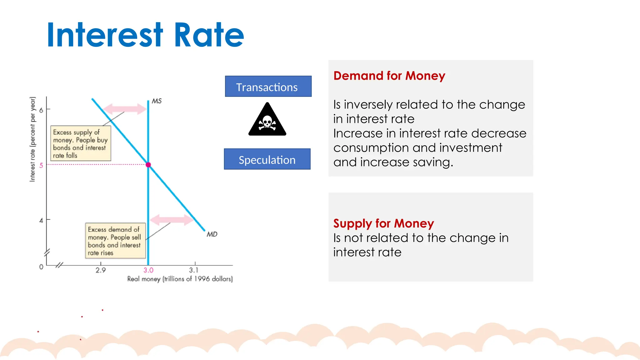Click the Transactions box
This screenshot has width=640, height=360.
[x=268, y=87]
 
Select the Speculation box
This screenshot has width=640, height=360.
[x=267, y=159]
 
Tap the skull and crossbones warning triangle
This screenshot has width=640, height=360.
[x=267, y=120]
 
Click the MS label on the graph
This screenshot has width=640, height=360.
[x=157, y=101]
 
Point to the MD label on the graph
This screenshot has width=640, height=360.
[x=212, y=234]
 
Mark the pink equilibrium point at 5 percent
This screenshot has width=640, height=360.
[x=148, y=165]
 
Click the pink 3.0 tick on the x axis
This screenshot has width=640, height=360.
[x=148, y=270]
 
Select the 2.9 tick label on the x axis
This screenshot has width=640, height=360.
[x=101, y=270]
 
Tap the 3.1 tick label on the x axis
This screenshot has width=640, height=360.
[x=194, y=270]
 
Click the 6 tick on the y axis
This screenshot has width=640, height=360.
[x=41, y=110]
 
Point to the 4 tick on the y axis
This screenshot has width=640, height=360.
[x=41, y=220]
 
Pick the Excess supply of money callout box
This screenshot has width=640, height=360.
[x=81, y=143]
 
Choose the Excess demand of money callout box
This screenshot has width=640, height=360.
[x=115, y=241]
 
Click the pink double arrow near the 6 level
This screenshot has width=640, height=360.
[x=125, y=109]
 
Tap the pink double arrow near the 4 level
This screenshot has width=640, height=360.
[x=172, y=220]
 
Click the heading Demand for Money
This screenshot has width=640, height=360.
[x=389, y=76]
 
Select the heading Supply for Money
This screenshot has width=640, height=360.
[x=383, y=223]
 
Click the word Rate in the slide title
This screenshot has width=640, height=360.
[x=208, y=35]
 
